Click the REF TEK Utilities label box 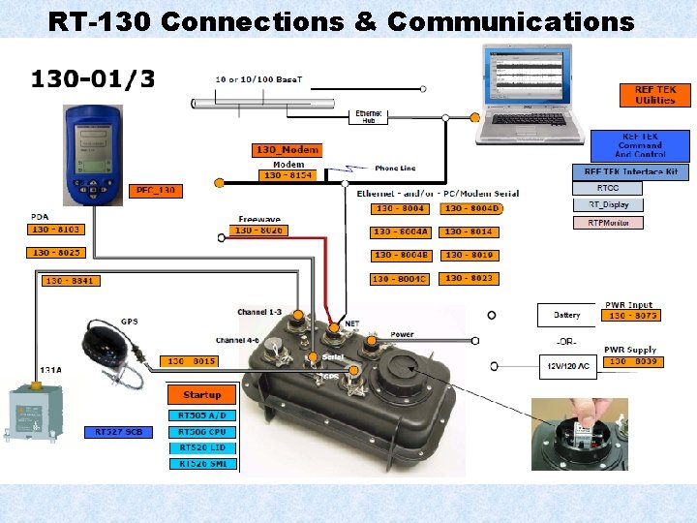pos(655,95)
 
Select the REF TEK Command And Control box pos(641,146)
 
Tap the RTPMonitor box pos(608,223)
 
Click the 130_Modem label pos(287,150)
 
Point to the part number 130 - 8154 pos(288,175)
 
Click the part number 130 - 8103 pos(56,230)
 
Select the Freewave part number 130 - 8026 pos(258,231)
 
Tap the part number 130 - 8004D pos(470,208)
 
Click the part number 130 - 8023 pos(470,278)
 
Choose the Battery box pos(567,315)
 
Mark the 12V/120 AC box pos(567,366)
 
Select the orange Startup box pos(202,395)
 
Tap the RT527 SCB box pos(120,431)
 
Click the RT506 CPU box pos(202,431)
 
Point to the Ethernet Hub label pos(369,117)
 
